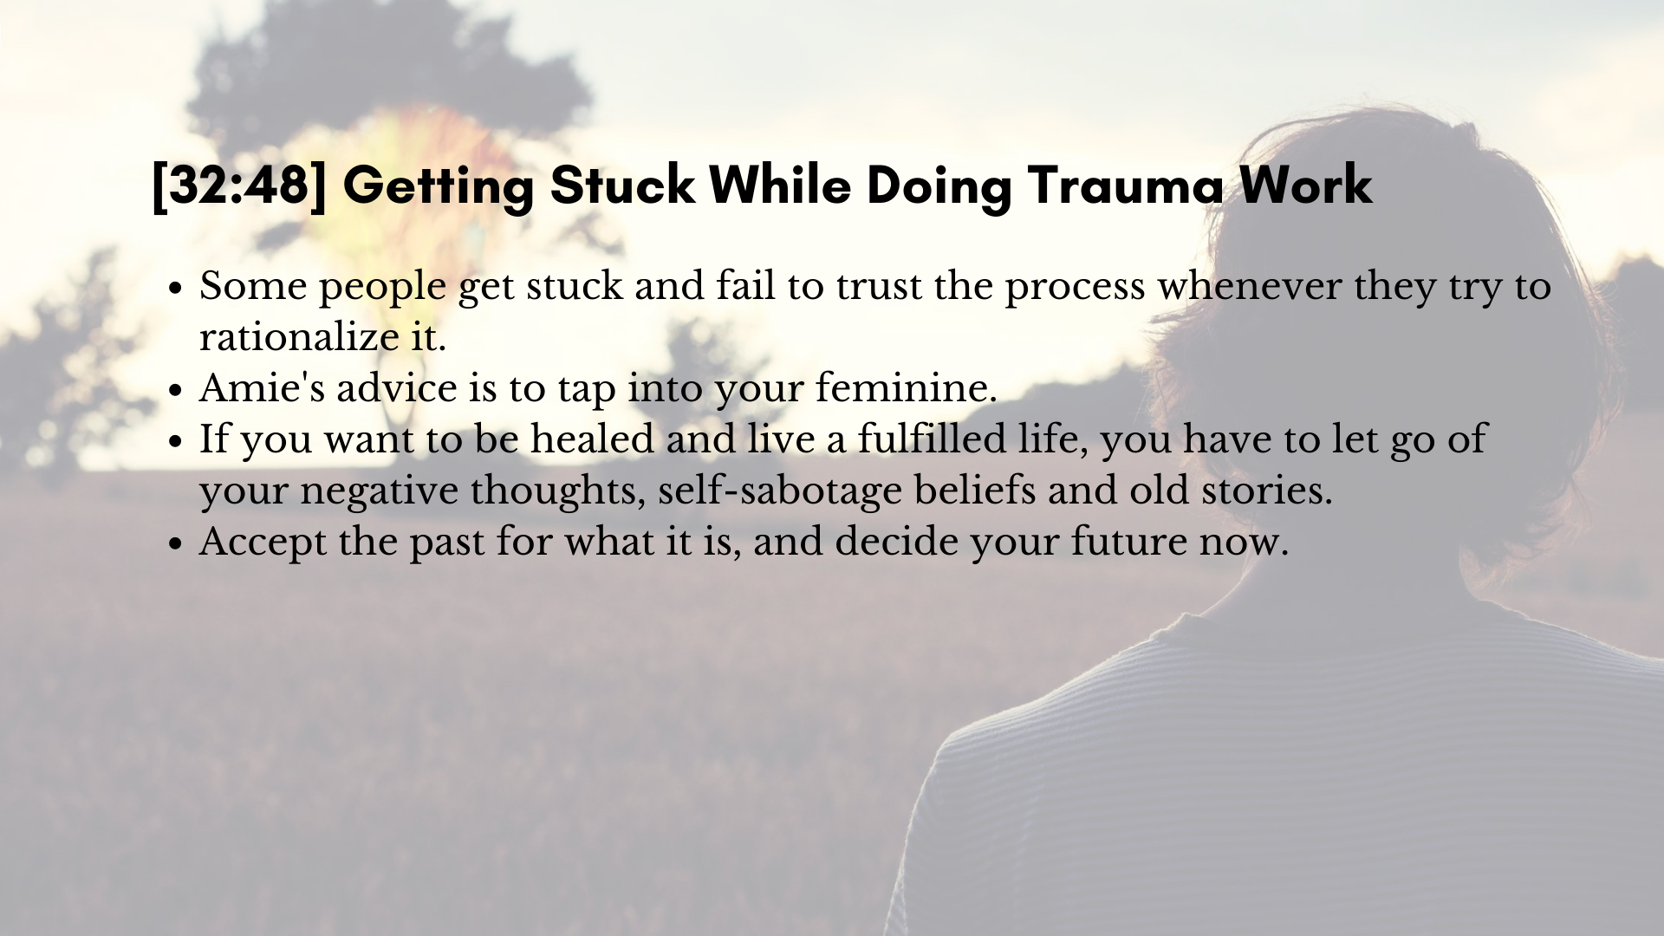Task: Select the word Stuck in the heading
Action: [x=621, y=185]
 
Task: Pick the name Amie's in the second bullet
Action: [x=262, y=388]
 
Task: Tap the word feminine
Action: [x=906, y=388]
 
